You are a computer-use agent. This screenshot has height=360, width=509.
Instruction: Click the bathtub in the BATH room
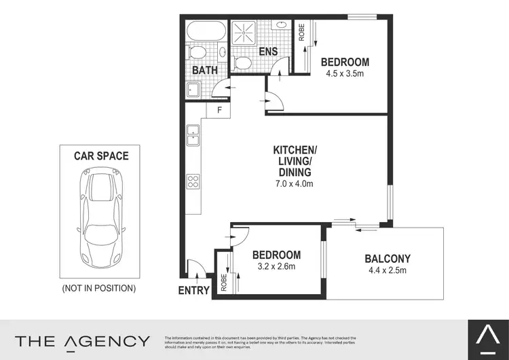click(x=206, y=31)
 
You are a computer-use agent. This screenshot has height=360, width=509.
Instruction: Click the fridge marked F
click(x=220, y=109)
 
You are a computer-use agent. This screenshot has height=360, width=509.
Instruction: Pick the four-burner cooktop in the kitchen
click(x=193, y=181)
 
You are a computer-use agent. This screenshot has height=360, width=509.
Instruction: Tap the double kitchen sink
click(x=193, y=134)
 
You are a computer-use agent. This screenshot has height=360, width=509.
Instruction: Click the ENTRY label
click(x=194, y=290)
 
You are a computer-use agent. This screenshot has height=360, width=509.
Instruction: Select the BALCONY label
click(x=388, y=258)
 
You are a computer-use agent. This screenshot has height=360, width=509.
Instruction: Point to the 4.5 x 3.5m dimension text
click(x=345, y=73)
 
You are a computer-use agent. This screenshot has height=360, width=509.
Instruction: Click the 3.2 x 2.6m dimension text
click(x=276, y=266)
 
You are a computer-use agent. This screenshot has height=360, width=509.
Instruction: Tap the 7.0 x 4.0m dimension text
click(x=294, y=183)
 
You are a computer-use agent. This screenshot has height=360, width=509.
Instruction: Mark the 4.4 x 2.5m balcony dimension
click(x=388, y=270)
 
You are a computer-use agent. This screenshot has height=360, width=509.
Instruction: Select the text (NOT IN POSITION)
click(x=99, y=288)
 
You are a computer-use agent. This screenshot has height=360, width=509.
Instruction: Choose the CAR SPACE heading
click(x=101, y=156)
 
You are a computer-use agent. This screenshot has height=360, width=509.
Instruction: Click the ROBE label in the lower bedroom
click(x=224, y=282)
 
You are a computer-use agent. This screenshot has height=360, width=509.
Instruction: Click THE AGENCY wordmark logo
click(x=82, y=340)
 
